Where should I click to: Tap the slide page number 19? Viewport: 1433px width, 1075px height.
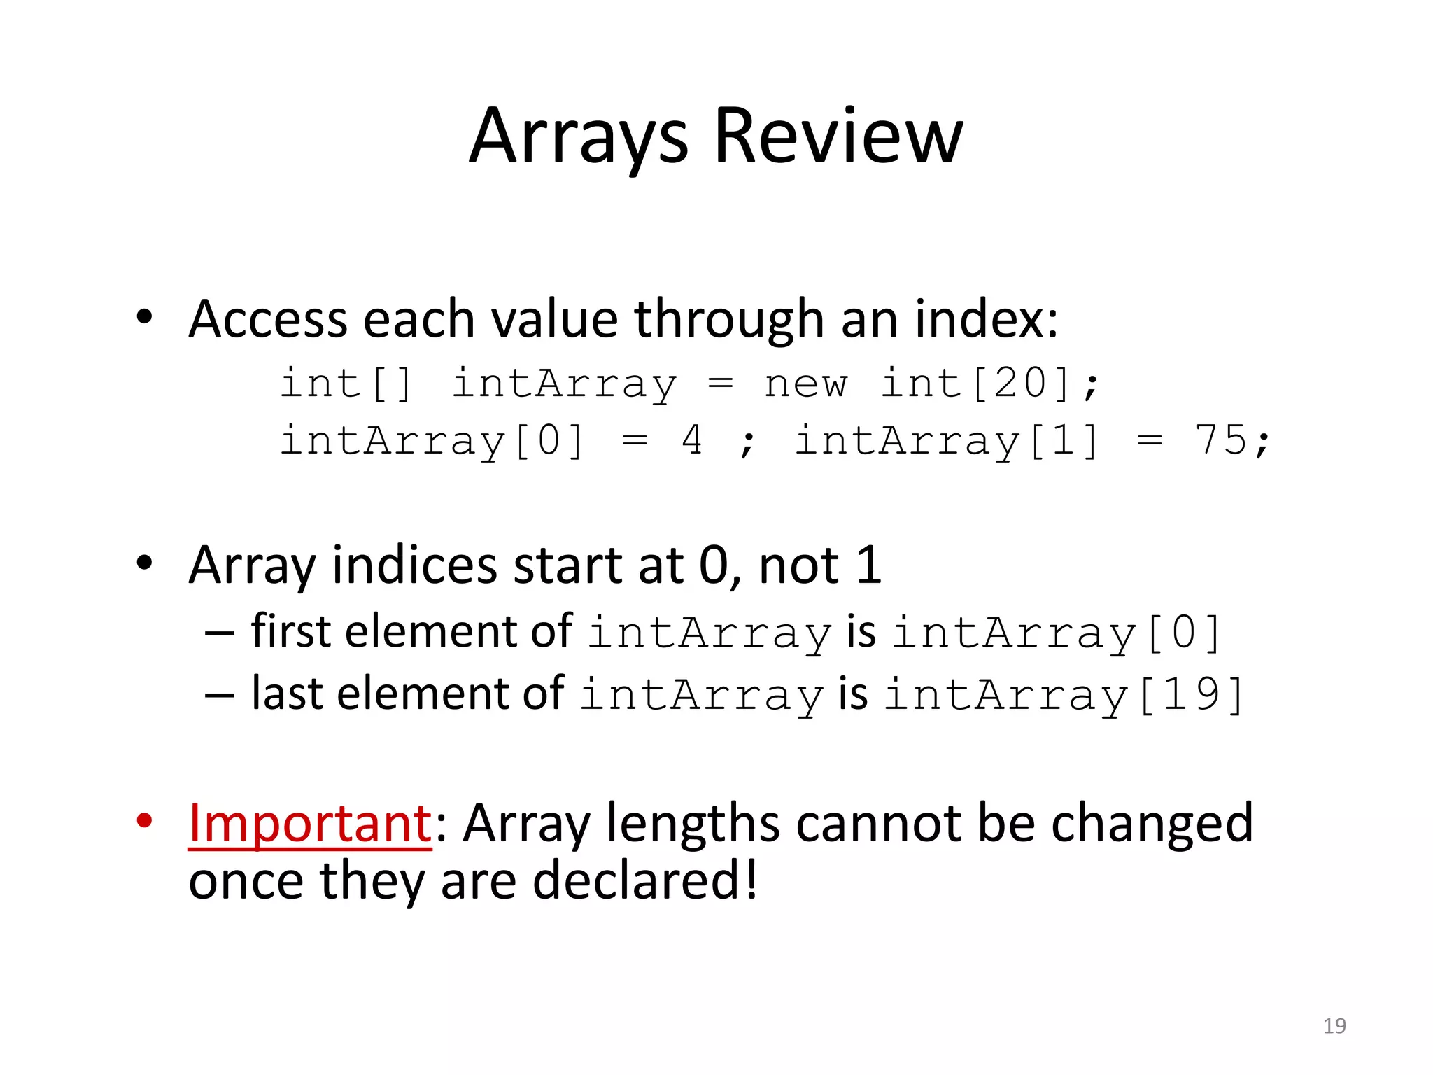[x=1334, y=1026]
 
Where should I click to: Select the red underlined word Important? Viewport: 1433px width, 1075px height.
[x=310, y=823]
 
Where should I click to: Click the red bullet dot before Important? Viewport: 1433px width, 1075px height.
[x=144, y=820]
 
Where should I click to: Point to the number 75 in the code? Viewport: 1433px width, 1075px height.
[x=1220, y=441]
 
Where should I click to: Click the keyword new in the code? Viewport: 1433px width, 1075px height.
[x=805, y=384]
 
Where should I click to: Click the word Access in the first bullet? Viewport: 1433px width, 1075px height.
[x=268, y=319]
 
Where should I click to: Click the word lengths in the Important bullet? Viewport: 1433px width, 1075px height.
[x=693, y=823]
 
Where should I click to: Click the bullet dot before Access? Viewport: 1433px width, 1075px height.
[x=144, y=317]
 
